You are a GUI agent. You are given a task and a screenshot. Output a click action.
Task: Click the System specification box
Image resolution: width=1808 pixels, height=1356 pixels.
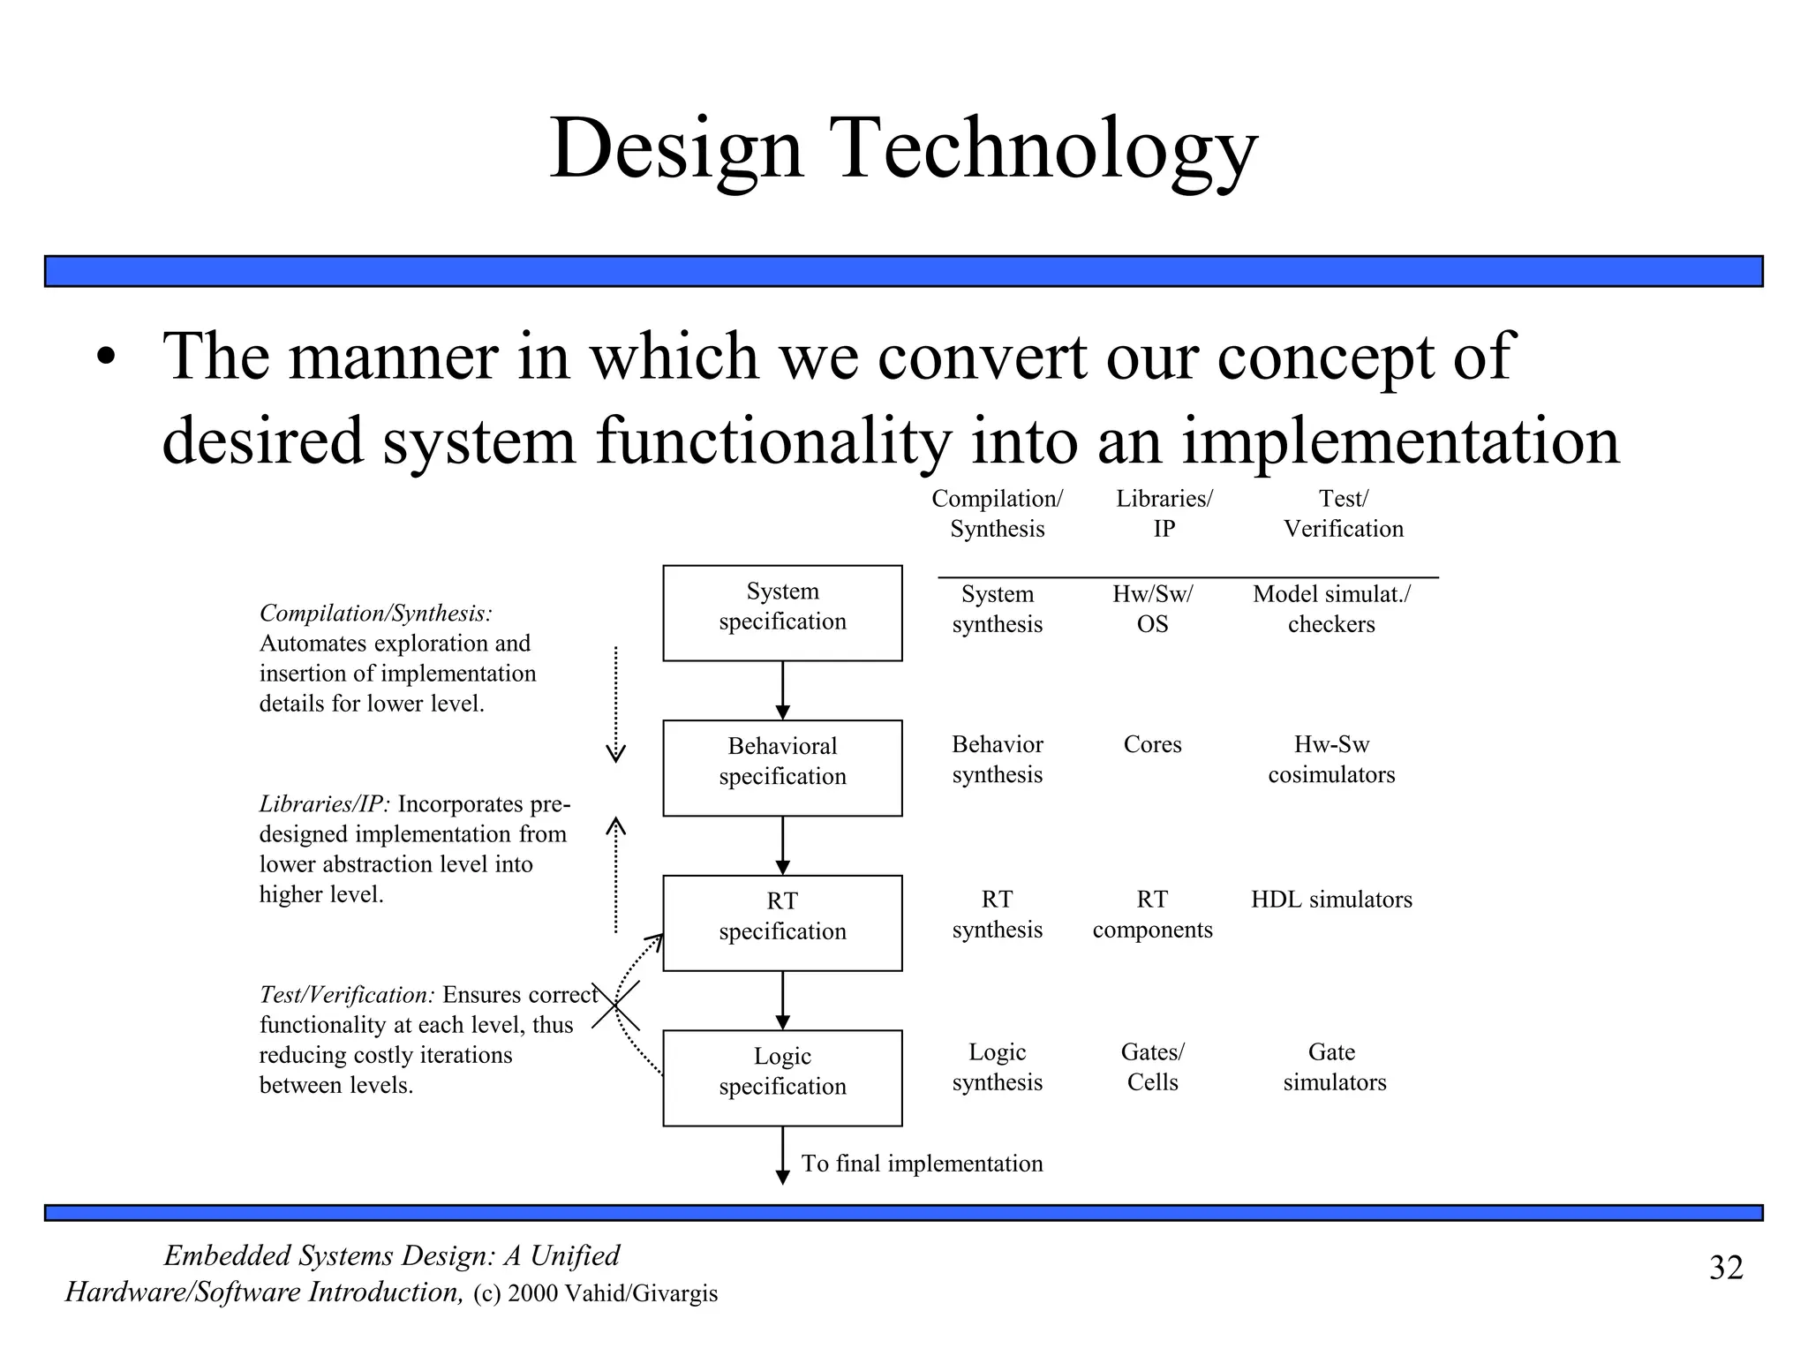(782, 613)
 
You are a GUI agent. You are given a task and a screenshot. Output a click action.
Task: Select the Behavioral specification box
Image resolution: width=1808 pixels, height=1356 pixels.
(782, 767)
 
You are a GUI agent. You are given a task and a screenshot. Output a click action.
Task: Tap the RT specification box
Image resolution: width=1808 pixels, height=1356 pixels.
(782, 923)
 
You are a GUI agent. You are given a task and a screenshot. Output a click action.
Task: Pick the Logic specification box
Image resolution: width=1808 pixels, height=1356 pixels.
(782, 1077)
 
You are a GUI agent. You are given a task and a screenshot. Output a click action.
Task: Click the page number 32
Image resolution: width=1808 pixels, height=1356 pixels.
(1726, 1268)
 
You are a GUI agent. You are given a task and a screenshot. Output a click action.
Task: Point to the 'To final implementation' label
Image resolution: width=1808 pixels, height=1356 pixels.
(922, 1164)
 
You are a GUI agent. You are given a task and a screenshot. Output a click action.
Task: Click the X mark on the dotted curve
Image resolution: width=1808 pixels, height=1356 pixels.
(615, 1006)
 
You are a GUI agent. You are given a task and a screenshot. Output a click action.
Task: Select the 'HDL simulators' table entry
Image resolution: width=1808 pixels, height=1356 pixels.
(1331, 900)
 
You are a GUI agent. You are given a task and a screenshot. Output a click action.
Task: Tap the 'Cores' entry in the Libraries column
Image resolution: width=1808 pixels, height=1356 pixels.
(1152, 744)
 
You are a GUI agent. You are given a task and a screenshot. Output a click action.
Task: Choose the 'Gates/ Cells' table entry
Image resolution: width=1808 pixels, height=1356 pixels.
(1152, 1066)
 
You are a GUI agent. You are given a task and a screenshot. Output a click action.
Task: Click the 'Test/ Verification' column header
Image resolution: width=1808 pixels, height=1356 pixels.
(1343, 514)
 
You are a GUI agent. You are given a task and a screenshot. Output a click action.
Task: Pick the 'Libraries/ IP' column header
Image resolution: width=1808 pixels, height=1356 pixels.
(1164, 514)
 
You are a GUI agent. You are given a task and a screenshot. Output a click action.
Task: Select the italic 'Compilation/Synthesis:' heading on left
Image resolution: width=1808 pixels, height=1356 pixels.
(376, 613)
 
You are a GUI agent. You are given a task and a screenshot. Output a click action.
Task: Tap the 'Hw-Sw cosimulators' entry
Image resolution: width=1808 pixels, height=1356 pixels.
(1331, 759)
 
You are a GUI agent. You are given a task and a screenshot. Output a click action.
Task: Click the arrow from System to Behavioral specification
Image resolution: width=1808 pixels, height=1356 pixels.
(782, 690)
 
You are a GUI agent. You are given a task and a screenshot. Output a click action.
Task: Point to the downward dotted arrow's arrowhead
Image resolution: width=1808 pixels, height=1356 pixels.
(615, 753)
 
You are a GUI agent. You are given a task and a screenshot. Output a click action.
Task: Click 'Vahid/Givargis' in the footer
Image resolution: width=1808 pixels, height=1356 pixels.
(641, 1293)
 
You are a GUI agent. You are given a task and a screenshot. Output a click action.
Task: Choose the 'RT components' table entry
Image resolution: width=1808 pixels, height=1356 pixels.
(1152, 915)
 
